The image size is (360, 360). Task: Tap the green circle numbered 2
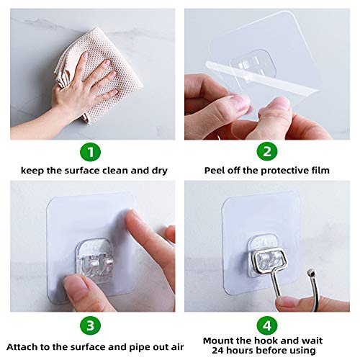(x=267, y=153)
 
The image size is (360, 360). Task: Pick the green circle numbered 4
(x=267, y=325)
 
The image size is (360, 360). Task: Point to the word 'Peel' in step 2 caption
(x=216, y=170)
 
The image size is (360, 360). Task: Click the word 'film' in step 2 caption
(x=319, y=170)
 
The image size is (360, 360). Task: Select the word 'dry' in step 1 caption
(x=158, y=170)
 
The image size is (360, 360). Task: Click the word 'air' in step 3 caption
(x=162, y=342)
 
